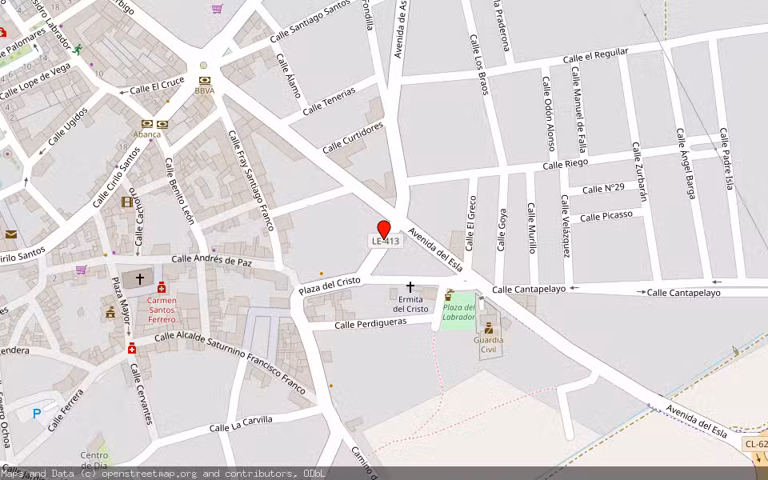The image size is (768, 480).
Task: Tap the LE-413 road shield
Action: tap(384, 241)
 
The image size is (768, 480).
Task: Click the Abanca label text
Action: tap(146, 134)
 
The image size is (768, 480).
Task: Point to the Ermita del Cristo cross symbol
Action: tap(410, 286)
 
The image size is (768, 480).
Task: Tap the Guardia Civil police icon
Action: tap(488, 328)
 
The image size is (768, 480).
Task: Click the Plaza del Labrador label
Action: tap(459, 312)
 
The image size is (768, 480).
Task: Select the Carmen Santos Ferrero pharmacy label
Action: tap(162, 310)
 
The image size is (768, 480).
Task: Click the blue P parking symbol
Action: tap(36, 414)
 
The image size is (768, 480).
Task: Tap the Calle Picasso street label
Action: tap(606, 216)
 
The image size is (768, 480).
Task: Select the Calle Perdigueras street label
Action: tap(370, 322)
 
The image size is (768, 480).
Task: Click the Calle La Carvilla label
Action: tap(241, 424)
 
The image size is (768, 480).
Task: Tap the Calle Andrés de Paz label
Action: tap(212, 260)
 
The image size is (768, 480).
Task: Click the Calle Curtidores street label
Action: tap(353, 137)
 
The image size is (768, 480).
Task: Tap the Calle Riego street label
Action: tap(565, 163)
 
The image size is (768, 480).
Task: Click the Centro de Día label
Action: tap(94, 460)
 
